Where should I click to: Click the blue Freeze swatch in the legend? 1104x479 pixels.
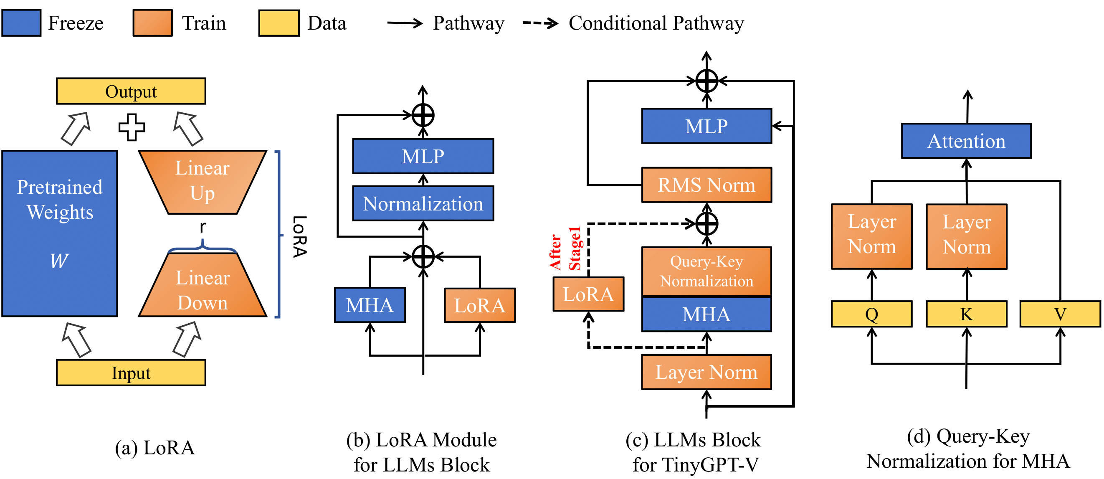point(21,23)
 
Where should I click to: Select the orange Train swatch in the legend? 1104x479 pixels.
point(152,23)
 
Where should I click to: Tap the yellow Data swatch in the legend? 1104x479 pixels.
point(279,23)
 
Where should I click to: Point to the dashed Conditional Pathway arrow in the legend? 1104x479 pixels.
point(540,23)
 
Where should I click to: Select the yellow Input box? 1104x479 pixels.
point(131,373)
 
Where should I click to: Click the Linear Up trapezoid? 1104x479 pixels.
point(203,182)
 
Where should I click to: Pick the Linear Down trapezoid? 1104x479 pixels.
point(203,285)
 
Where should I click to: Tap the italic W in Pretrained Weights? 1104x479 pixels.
point(59,261)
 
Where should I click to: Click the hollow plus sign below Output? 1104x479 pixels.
point(132,127)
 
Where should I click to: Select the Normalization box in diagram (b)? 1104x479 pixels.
point(423,203)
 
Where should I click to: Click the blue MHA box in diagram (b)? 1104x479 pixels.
point(370,304)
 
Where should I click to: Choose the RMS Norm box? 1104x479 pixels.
point(706,185)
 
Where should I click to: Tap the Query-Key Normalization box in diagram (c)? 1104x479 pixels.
point(706,271)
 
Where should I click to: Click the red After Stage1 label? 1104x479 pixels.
point(565,248)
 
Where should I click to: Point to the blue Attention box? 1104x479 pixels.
point(967,141)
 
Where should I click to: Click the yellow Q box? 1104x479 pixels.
point(872,314)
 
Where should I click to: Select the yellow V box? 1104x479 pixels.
point(1060,314)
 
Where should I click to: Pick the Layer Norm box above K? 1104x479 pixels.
point(967,236)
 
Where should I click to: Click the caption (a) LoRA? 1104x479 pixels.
point(155,448)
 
